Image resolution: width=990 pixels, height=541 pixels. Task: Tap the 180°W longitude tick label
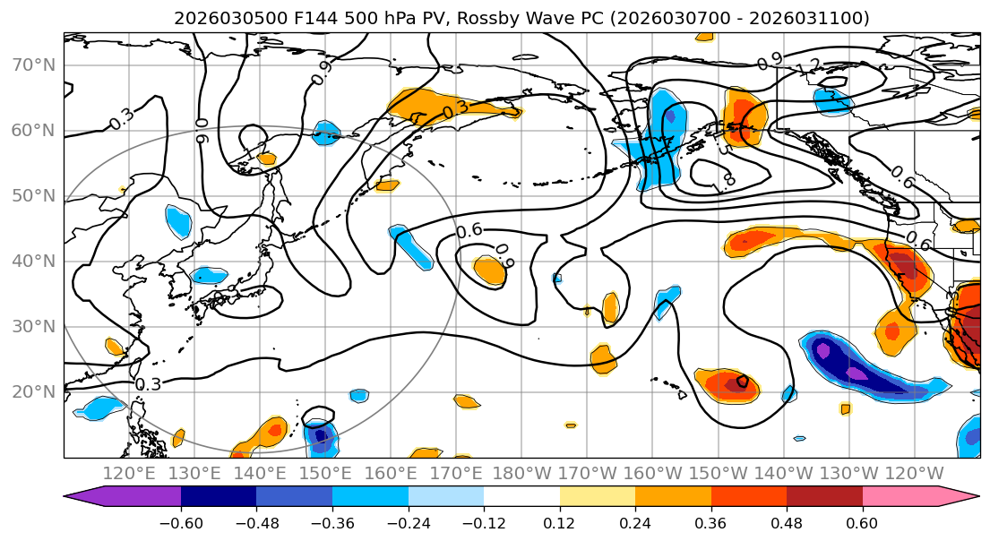(523, 474)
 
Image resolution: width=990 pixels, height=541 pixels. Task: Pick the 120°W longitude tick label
(915, 474)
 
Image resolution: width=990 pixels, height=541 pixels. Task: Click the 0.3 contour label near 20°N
(148, 384)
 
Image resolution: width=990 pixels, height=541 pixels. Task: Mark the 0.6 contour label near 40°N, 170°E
(469, 231)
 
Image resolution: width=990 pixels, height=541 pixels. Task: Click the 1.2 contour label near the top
(809, 65)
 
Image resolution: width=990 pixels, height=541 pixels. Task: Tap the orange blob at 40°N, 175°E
(490, 270)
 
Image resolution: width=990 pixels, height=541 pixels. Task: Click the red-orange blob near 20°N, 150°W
(727, 385)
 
